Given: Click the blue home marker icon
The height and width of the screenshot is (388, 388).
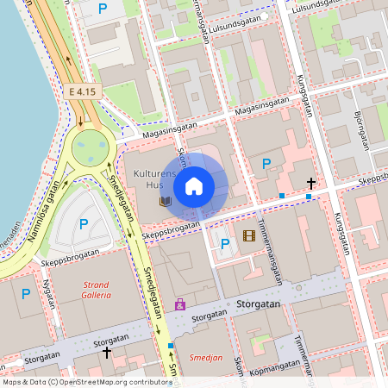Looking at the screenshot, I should coord(194,185).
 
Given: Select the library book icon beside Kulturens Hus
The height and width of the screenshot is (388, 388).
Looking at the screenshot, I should coord(165,201).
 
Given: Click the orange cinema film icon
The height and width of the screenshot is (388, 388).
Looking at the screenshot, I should coord(249,235).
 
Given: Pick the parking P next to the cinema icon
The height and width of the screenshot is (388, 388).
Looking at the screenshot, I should coord(225,244).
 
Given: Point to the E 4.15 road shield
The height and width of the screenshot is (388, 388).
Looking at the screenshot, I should coord(82,90).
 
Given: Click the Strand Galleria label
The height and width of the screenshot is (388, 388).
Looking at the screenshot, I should coord(97,289).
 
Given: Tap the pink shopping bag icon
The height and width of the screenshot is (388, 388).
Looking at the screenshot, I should coord(179,304).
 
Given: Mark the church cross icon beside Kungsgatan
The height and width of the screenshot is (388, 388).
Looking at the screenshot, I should coord(311,183).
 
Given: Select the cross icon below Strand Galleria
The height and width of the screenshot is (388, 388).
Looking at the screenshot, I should coord(107,352).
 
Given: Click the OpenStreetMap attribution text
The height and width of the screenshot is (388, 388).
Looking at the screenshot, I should coord(86,381).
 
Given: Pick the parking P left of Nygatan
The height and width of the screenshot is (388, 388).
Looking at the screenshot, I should coord(26,294).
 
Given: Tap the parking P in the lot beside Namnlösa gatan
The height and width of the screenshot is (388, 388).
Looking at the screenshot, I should coord(84,224).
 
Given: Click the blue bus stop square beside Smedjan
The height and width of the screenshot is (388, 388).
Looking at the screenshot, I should coord(172,345).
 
